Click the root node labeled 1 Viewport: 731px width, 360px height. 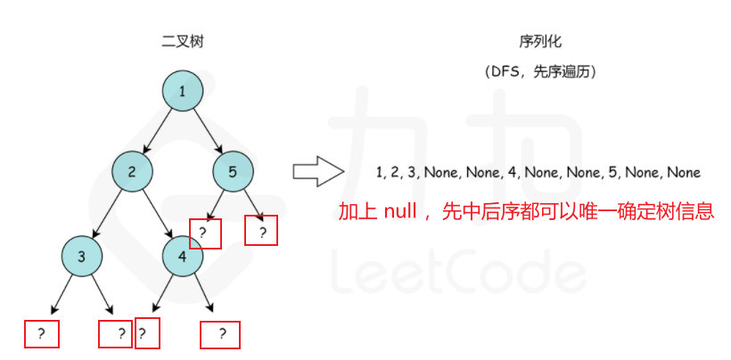pyautogui.click(x=183, y=91)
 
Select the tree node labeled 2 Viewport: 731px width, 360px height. pyautogui.click(x=132, y=173)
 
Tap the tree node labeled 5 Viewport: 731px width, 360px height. pyautogui.click(x=233, y=173)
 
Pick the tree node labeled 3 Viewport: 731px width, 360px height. pyautogui.click(x=82, y=257)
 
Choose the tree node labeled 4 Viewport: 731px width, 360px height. pyautogui.click(x=183, y=257)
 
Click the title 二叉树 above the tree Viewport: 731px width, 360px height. pyautogui.click(x=182, y=41)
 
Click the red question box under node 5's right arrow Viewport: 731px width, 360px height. pyautogui.click(x=262, y=231)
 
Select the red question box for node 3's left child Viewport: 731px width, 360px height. pyautogui.click(x=41, y=334)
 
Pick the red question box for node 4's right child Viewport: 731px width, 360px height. pyautogui.click(x=223, y=334)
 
